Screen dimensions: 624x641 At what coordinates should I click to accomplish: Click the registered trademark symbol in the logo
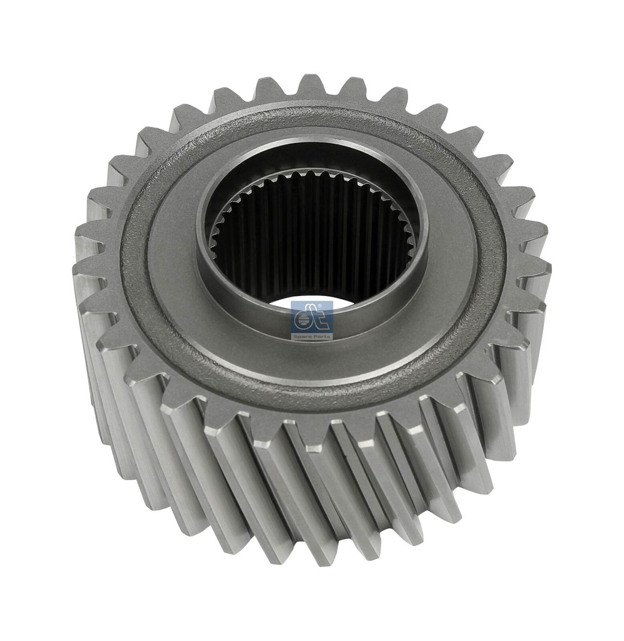tap(330, 305)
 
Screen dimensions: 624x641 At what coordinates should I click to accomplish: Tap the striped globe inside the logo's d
tap(302, 321)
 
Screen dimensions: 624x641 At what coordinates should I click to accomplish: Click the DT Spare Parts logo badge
tap(312, 320)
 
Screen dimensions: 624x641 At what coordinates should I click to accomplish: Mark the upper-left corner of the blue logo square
tap(290, 301)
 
